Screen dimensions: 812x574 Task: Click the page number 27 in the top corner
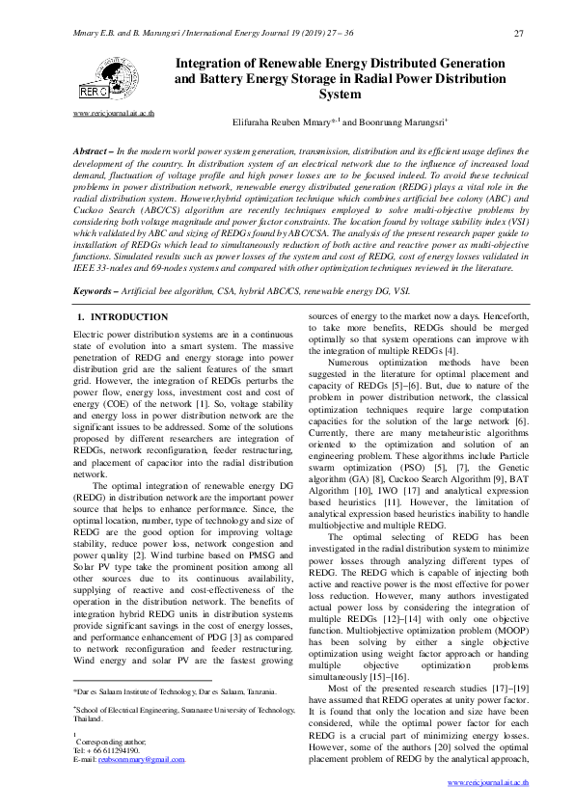click(519, 35)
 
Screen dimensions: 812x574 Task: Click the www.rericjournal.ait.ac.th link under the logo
click(113, 114)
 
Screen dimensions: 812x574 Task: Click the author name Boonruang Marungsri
click(388, 122)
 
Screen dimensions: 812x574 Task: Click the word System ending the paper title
click(340, 95)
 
